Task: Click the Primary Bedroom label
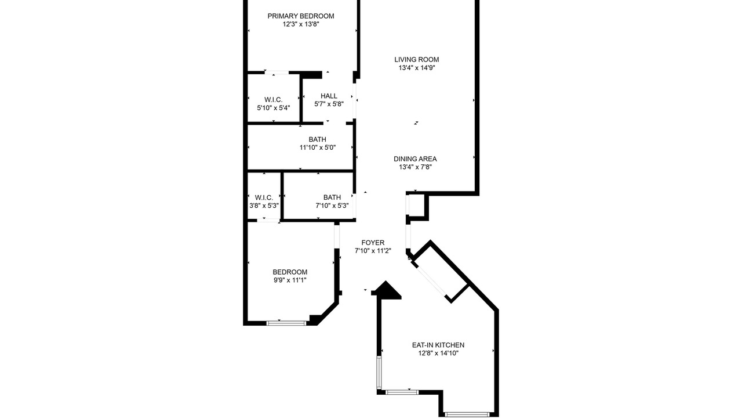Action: coord(301,16)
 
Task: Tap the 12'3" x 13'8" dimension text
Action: coord(301,24)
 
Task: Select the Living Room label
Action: coord(417,60)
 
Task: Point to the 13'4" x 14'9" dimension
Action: coord(417,68)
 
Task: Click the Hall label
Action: coord(329,96)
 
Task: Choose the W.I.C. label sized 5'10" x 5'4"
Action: coord(273,99)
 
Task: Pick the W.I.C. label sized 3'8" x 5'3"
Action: coord(264,197)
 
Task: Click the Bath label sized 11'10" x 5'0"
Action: coord(317,139)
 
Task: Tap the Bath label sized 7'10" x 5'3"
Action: coord(332,197)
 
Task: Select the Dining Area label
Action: coord(415,159)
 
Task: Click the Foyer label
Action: coord(373,243)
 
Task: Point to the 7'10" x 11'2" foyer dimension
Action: coord(373,251)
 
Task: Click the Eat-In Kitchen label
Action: coord(438,345)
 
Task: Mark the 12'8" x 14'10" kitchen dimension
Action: coord(438,354)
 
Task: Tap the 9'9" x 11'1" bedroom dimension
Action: coord(290,280)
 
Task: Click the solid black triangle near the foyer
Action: coord(387,291)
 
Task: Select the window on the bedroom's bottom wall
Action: coord(286,323)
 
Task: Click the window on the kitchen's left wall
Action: coord(379,373)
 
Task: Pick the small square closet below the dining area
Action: coord(417,206)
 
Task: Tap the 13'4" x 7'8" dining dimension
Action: coord(415,167)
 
